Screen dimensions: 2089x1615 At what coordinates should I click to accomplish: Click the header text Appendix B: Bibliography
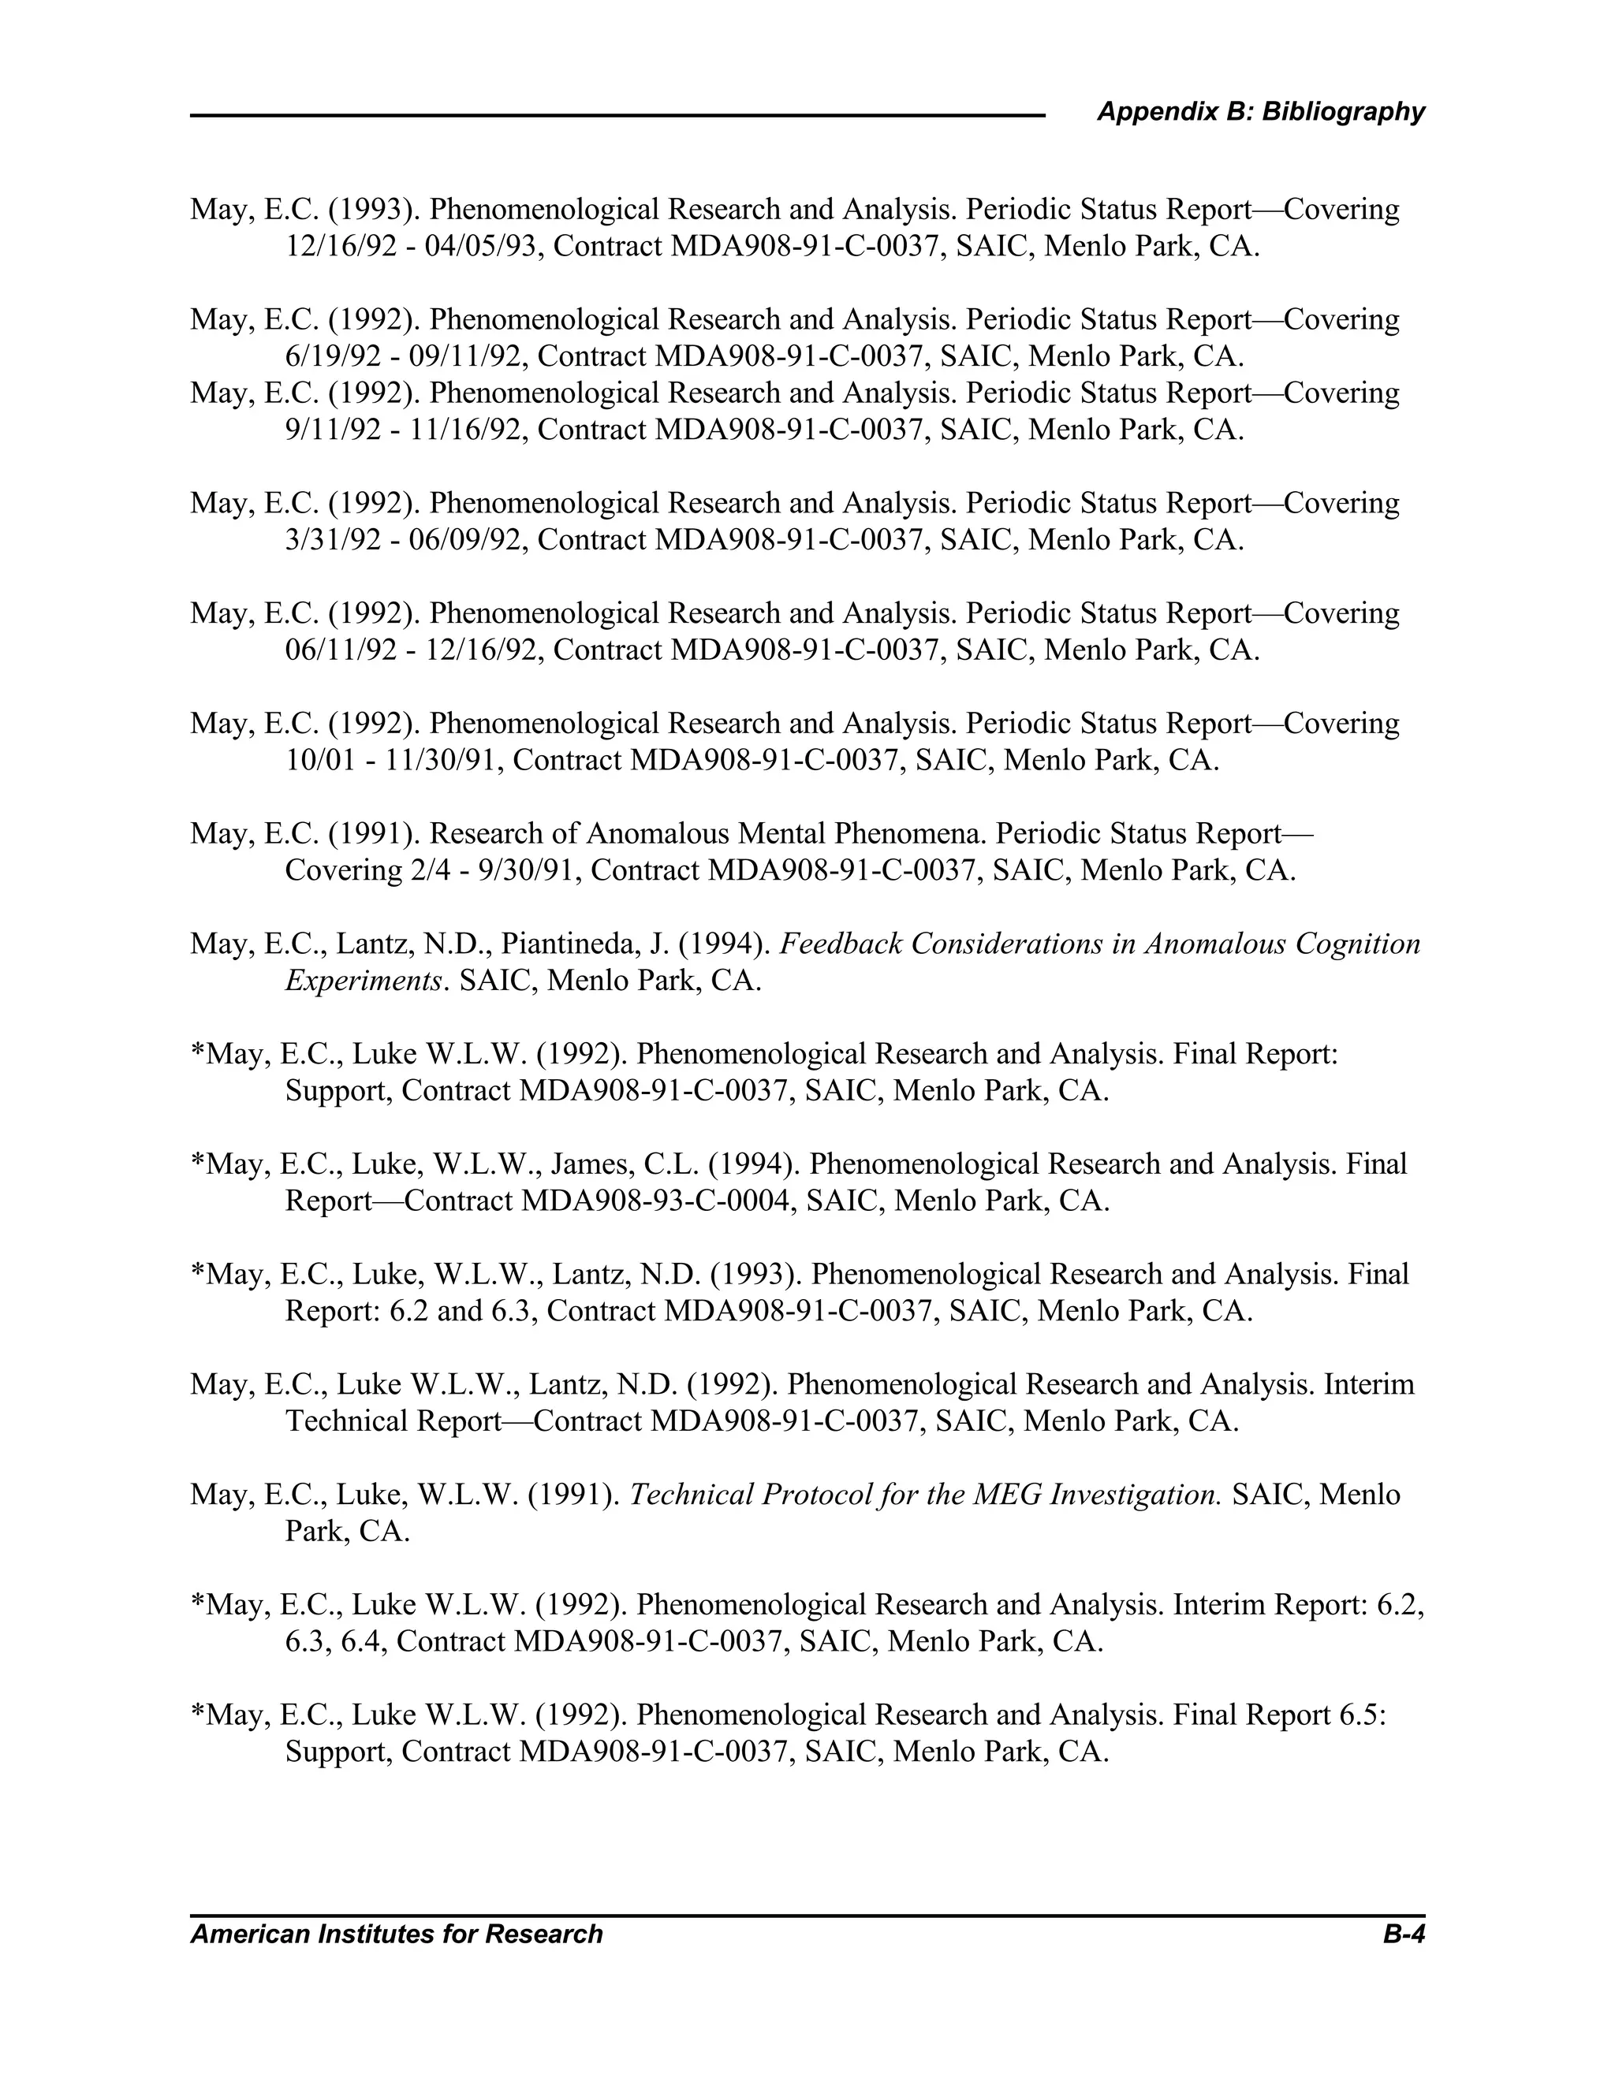pyautogui.click(x=1260, y=112)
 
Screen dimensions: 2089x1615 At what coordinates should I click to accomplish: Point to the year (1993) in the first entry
pyautogui.click(x=373, y=210)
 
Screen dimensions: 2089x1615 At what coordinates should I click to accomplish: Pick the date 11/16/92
pyautogui.click(x=468, y=430)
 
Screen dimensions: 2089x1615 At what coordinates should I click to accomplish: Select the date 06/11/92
pyautogui.click(x=341, y=650)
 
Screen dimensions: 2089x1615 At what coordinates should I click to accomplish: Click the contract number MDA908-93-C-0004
pyautogui.click(x=658, y=1201)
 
